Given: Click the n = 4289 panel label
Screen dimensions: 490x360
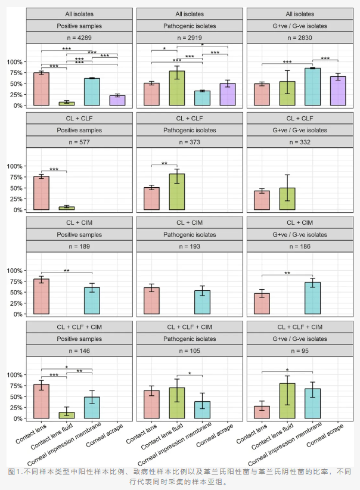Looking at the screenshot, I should [x=79, y=39].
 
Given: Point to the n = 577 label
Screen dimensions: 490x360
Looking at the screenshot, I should [x=79, y=143].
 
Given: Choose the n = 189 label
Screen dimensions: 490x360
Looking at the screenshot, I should [x=79, y=247].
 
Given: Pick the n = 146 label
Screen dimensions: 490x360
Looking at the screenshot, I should [x=79, y=352].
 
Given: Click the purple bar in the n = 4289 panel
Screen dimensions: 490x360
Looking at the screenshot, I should [x=117, y=100].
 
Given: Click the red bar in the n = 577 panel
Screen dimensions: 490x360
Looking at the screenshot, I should [x=41, y=193].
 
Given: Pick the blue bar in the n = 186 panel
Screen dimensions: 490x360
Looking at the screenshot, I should [x=312, y=298].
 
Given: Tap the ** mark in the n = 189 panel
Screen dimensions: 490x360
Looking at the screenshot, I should [x=66, y=271].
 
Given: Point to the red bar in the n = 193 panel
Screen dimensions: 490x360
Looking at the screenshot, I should [x=151, y=301].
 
